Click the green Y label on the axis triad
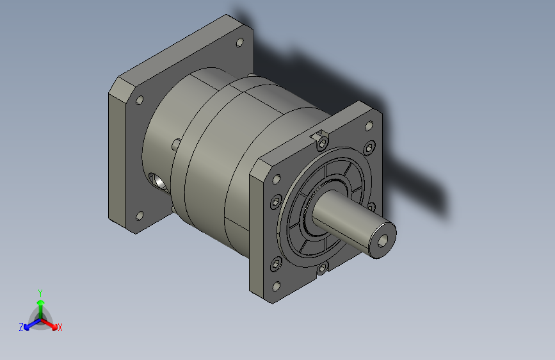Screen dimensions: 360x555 coord(40,292)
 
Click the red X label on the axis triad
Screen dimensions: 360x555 coord(60,327)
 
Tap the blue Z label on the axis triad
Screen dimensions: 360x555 coord(21,327)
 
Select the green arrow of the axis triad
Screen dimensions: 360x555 coord(40,304)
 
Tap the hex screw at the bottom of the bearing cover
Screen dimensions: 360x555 coord(323,269)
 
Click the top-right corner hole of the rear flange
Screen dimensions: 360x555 coord(239,43)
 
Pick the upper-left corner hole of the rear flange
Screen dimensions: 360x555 coord(139,101)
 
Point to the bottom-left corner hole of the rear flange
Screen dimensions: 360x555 coord(140,216)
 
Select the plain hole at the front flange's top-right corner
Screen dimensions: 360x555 coord(369,126)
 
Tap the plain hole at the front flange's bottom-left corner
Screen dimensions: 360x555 coord(277,286)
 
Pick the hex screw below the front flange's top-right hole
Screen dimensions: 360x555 coord(369,149)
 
